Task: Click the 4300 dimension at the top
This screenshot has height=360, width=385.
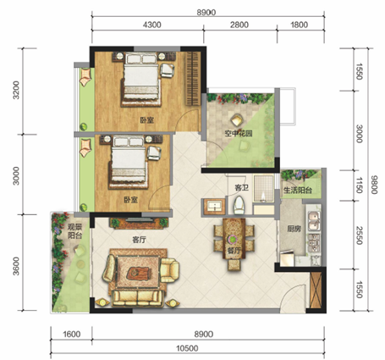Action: pyautogui.click(x=152, y=25)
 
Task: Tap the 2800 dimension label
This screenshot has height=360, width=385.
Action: pyautogui.click(x=239, y=25)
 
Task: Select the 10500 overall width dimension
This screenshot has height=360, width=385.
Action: pyautogui.click(x=187, y=348)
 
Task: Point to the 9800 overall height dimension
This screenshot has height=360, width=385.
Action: pyautogui.click(x=374, y=185)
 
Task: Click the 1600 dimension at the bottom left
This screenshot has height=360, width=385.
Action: pyautogui.click(x=72, y=335)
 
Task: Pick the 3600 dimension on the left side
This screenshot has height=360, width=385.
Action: pyautogui.click(x=16, y=266)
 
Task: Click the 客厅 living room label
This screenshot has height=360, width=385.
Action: pyautogui.click(x=139, y=241)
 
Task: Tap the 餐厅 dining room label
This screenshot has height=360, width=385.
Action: pyautogui.click(x=234, y=250)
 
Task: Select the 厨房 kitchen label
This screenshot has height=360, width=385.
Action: pyautogui.click(x=294, y=229)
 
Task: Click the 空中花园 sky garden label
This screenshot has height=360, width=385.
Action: pyautogui.click(x=239, y=133)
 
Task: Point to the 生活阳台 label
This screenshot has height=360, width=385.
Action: pyautogui.click(x=298, y=191)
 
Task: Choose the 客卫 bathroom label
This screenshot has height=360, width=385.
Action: pyautogui.click(x=241, y=187)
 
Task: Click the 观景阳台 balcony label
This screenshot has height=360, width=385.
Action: pyautogui.click(x=74, y=231)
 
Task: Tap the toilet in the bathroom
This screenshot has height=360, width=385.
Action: pyautogui.click(x=239, y=205)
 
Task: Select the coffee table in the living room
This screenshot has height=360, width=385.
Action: pyautogui.click(x=138, y=273)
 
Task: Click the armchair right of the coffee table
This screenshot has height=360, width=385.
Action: pyautogui.click(x=169, y=270)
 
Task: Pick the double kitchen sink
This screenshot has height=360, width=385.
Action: pyautogui.click(x=314, y=221)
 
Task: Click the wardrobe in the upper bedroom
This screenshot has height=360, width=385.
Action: pyautogui.click(x=193, y=78)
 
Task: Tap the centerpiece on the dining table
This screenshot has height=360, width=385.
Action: pyautogui.click(x=233, y=240)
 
